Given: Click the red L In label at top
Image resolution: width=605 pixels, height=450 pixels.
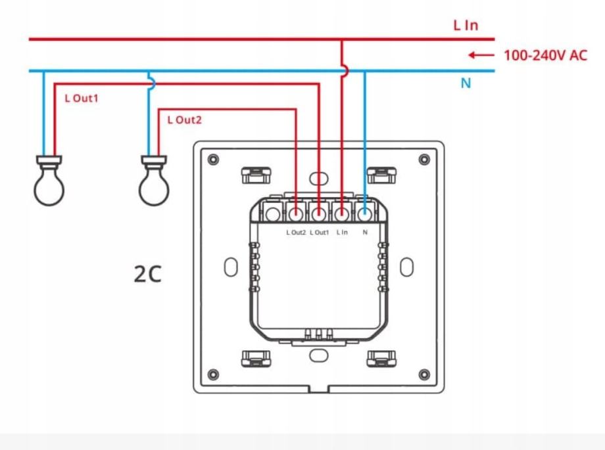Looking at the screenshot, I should [465, 26].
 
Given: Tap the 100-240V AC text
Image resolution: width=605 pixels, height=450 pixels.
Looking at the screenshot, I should [545, 55].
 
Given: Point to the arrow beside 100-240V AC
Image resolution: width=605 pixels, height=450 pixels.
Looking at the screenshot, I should [481, 55].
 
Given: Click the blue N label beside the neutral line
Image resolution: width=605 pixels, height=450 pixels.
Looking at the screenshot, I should [466, 83].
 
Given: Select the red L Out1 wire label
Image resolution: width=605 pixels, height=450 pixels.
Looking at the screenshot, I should [81, 99].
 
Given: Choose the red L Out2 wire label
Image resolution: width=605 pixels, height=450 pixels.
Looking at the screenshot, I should [184, 120].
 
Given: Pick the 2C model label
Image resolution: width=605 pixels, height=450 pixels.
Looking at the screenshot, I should [147, 274].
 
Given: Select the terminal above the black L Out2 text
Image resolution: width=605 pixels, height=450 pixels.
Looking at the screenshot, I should [296, 213].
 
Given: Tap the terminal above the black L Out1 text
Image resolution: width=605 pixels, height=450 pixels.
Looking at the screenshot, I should [319, 213].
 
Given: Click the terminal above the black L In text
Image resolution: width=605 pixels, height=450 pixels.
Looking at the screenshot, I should [342, 213].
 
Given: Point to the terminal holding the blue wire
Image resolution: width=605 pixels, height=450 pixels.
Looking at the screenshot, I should [364, 213].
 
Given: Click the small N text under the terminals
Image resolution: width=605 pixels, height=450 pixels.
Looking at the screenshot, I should [365, 233].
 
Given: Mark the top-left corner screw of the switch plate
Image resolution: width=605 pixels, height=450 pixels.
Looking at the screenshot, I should [212, 160].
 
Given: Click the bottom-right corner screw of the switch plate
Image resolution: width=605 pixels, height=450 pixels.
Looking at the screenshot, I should [424, 374].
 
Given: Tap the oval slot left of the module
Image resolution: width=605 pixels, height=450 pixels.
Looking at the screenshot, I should [230, 267].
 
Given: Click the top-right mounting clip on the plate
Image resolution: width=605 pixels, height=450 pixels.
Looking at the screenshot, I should [381, 175].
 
